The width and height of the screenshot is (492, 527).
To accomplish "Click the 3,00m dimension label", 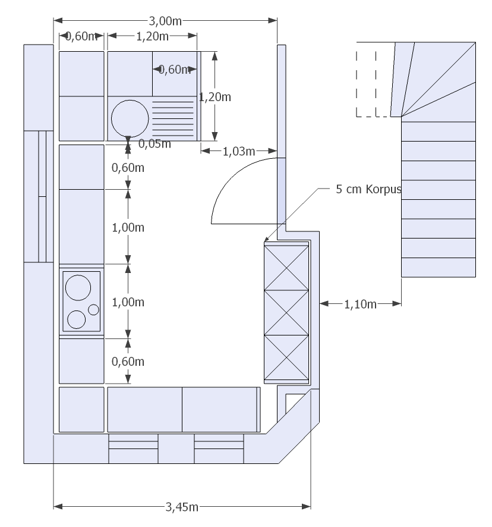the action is coord(165,21).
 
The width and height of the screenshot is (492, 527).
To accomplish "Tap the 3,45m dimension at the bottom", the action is coord(182,507).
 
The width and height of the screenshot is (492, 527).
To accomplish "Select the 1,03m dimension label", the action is coord(239,152).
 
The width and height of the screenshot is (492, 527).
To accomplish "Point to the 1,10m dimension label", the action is coord(360,304).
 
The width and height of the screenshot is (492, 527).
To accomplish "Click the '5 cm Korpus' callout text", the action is coord(369,189).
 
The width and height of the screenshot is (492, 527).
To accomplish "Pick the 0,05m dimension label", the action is coord(154,144).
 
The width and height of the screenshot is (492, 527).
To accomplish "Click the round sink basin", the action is coord(130,118).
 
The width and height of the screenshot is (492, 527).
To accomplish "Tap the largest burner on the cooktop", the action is coord(78,288).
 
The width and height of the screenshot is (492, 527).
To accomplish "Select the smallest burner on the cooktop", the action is coord(93,309).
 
